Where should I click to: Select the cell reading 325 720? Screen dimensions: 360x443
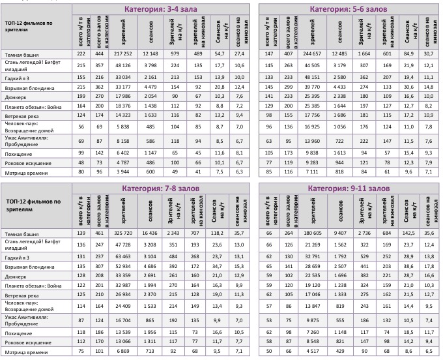point(122,232)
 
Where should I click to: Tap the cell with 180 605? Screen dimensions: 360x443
point(308,232)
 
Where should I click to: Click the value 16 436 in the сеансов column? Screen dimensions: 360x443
point(150,232)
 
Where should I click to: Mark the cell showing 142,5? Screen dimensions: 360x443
point(408,232)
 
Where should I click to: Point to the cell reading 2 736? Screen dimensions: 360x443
point(362,232)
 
